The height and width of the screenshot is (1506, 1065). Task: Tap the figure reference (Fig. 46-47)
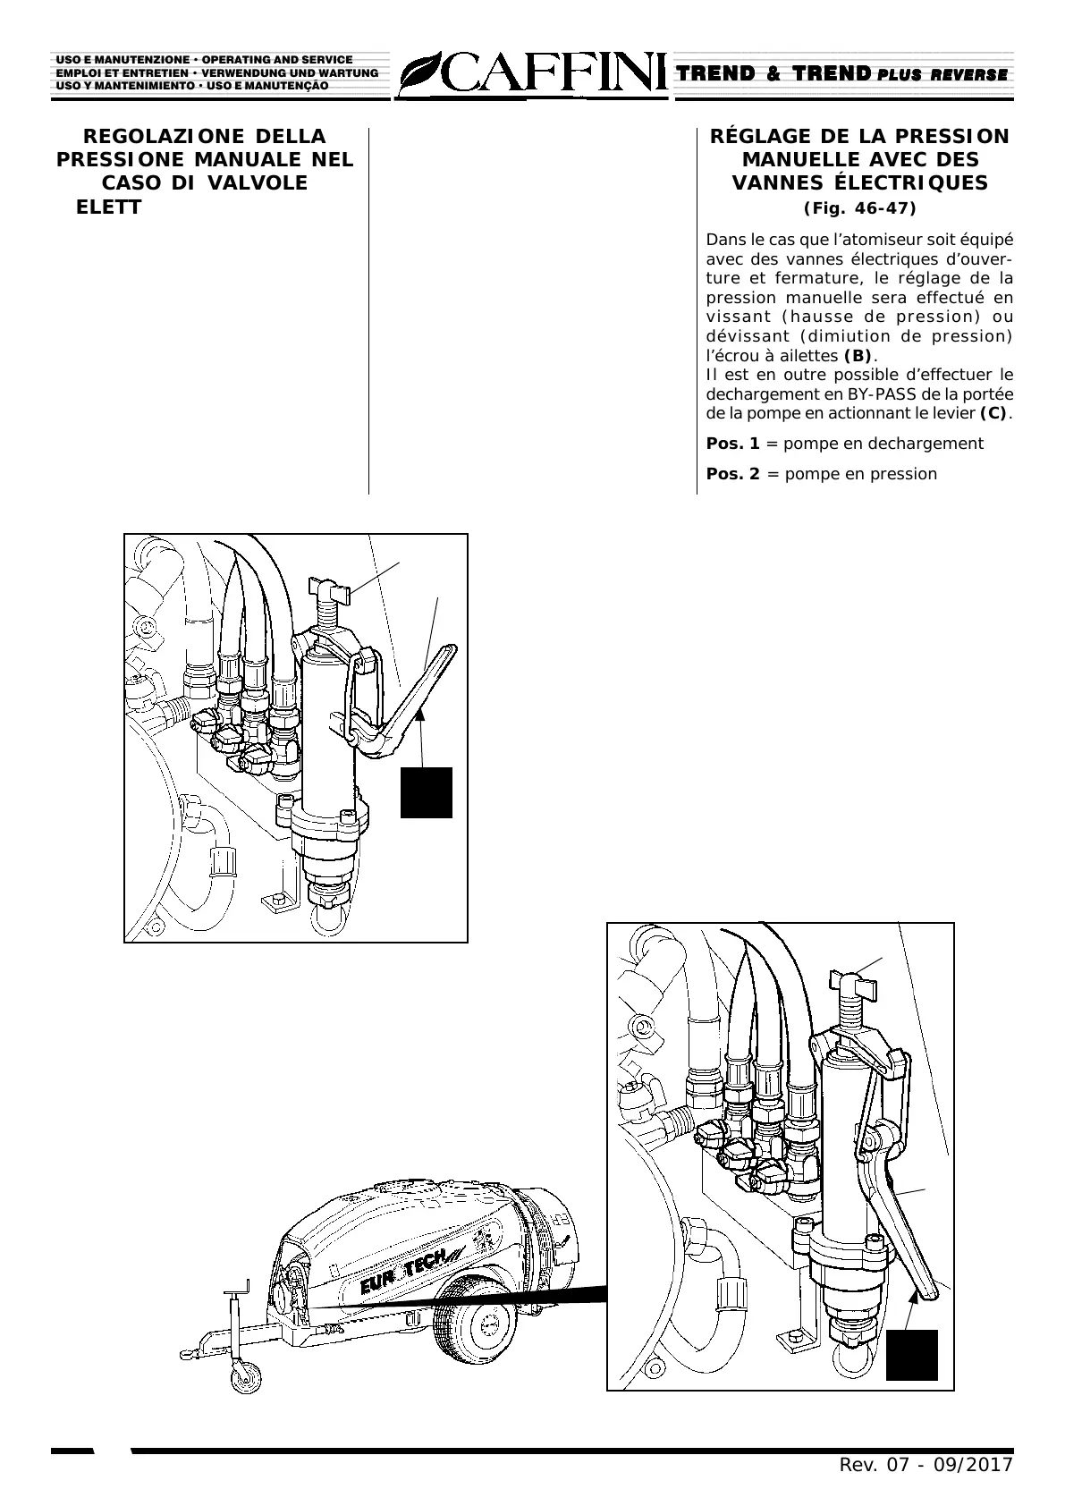[x=860, y=208]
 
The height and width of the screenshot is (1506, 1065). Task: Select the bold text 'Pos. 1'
[x=732, y=444]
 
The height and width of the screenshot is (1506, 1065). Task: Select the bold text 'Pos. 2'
[x=732, y=474]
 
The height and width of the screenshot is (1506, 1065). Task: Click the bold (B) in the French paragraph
[x=858, y=356]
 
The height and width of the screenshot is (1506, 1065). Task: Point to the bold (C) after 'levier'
[x=993, y=413]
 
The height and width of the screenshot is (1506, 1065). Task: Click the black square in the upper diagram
[x=426, y=792]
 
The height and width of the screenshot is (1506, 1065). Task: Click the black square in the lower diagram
[x=912, y=1355]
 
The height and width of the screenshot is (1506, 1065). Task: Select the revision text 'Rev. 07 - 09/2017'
[x=925, y=1465]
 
